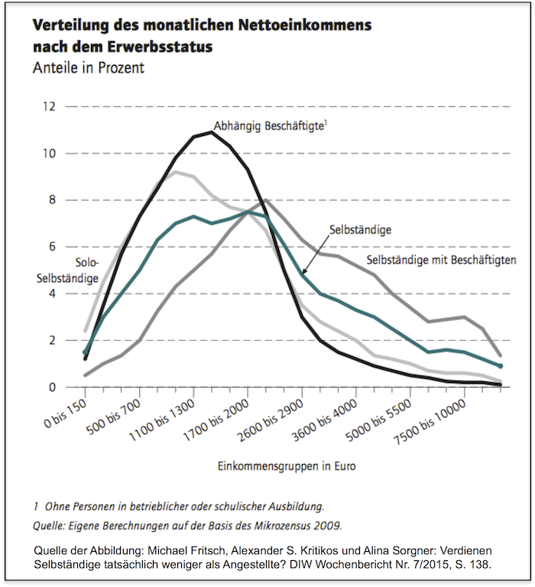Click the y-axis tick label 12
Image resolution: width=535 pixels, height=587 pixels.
click(50, 106)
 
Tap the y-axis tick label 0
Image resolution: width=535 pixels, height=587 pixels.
click(52, 388)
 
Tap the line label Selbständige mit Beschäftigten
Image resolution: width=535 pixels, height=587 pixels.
click(442, 260)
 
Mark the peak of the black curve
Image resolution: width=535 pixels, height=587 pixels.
click(211, 132)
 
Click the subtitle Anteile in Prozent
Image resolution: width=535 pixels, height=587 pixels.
click(89, 67)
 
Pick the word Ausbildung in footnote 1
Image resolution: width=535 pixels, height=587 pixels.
click(295, 505)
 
